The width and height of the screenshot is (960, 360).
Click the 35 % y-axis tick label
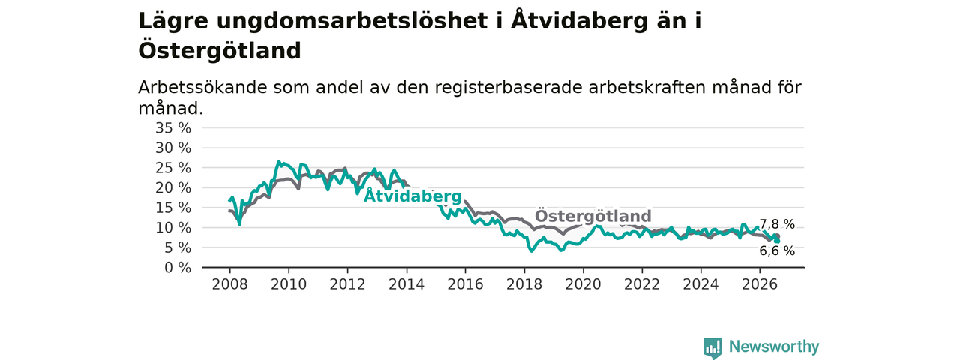(x=173, y=127)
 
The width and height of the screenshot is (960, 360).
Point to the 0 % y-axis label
(x=178, y=268)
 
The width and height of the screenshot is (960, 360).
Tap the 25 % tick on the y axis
(x=173, y=167)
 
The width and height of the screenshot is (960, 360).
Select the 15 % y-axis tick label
(x=173, y=208)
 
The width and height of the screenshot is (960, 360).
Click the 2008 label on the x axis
(x=229, y=284)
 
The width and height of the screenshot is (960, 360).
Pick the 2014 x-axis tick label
(x=406, y=284)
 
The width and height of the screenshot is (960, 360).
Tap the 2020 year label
(x=583, y=284)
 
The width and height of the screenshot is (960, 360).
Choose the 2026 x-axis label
(x=760, y=284)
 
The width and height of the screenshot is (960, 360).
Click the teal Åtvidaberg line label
(x=412, y=196)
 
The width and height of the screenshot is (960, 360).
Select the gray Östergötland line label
(x=593, y=216)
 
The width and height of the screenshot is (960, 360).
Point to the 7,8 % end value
(x=777, y=224)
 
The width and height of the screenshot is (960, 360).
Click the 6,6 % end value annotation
(x=777, y=250)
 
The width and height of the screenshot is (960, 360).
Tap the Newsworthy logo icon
(x=712, y=347)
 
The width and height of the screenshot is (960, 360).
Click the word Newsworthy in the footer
(x=774, y=346)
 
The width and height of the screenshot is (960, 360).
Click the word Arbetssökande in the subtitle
(x=202, y=87)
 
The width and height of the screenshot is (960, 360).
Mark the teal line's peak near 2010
(x=278, y=161)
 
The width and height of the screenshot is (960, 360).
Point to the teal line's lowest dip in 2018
(x=532, y=250)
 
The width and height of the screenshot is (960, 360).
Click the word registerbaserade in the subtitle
(x=508, y=88)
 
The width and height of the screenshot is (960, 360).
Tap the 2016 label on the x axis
(x=466, y=284)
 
